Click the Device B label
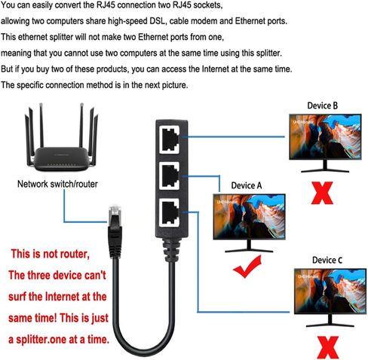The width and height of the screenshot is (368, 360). [x=322, y=105]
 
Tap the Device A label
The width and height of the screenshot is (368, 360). [x=247, y=182]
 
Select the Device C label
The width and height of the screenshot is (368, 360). [x=327, y=260]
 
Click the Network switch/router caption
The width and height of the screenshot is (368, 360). [x=57, y=184]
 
